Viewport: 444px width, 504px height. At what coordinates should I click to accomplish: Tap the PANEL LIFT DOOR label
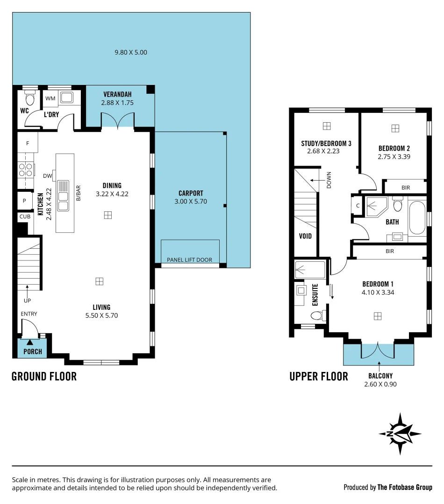pyautogui.click(x=190, y=260)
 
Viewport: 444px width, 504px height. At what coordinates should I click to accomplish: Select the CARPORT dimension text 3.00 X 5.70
pyautogui.click(x=190, y=202)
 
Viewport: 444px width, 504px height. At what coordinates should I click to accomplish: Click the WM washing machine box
pyautogui.click(x=50, y=98)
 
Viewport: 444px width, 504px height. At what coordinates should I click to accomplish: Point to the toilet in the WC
pyautogui.click(x=30, y=99)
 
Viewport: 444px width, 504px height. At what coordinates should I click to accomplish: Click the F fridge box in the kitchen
pyautogui.click(x=28, y=143)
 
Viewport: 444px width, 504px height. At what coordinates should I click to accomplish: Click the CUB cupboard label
pyautogui.click(x=24, y=217)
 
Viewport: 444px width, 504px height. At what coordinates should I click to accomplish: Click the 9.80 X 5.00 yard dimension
pyautogui.click(x=131, y=52)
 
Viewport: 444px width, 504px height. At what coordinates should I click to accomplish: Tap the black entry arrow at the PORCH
pyautogui.click(x=30, y=343)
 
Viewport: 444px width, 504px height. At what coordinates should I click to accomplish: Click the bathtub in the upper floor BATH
pyautogui.click(x=417, y=218)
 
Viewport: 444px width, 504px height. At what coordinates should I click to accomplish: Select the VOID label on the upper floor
pyautogui.click(x=305, y=236)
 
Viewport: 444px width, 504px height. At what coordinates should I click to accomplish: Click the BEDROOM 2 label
pyautogui.click(x=394, y=149)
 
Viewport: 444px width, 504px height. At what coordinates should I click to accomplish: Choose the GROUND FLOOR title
pyautogui.click(x=44, y=376)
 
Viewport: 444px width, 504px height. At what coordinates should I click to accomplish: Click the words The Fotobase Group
pyautogui.click(x=405, y=488)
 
